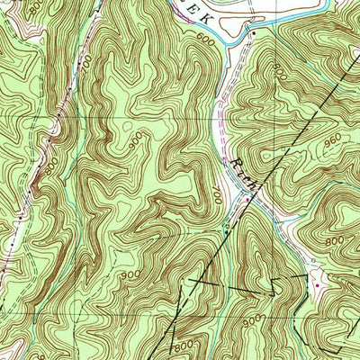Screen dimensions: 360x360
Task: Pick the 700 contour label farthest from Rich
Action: pos(84,65)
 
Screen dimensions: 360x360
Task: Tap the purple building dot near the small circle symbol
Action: pos(319,285)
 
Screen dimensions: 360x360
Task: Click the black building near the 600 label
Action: pos(253,33)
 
